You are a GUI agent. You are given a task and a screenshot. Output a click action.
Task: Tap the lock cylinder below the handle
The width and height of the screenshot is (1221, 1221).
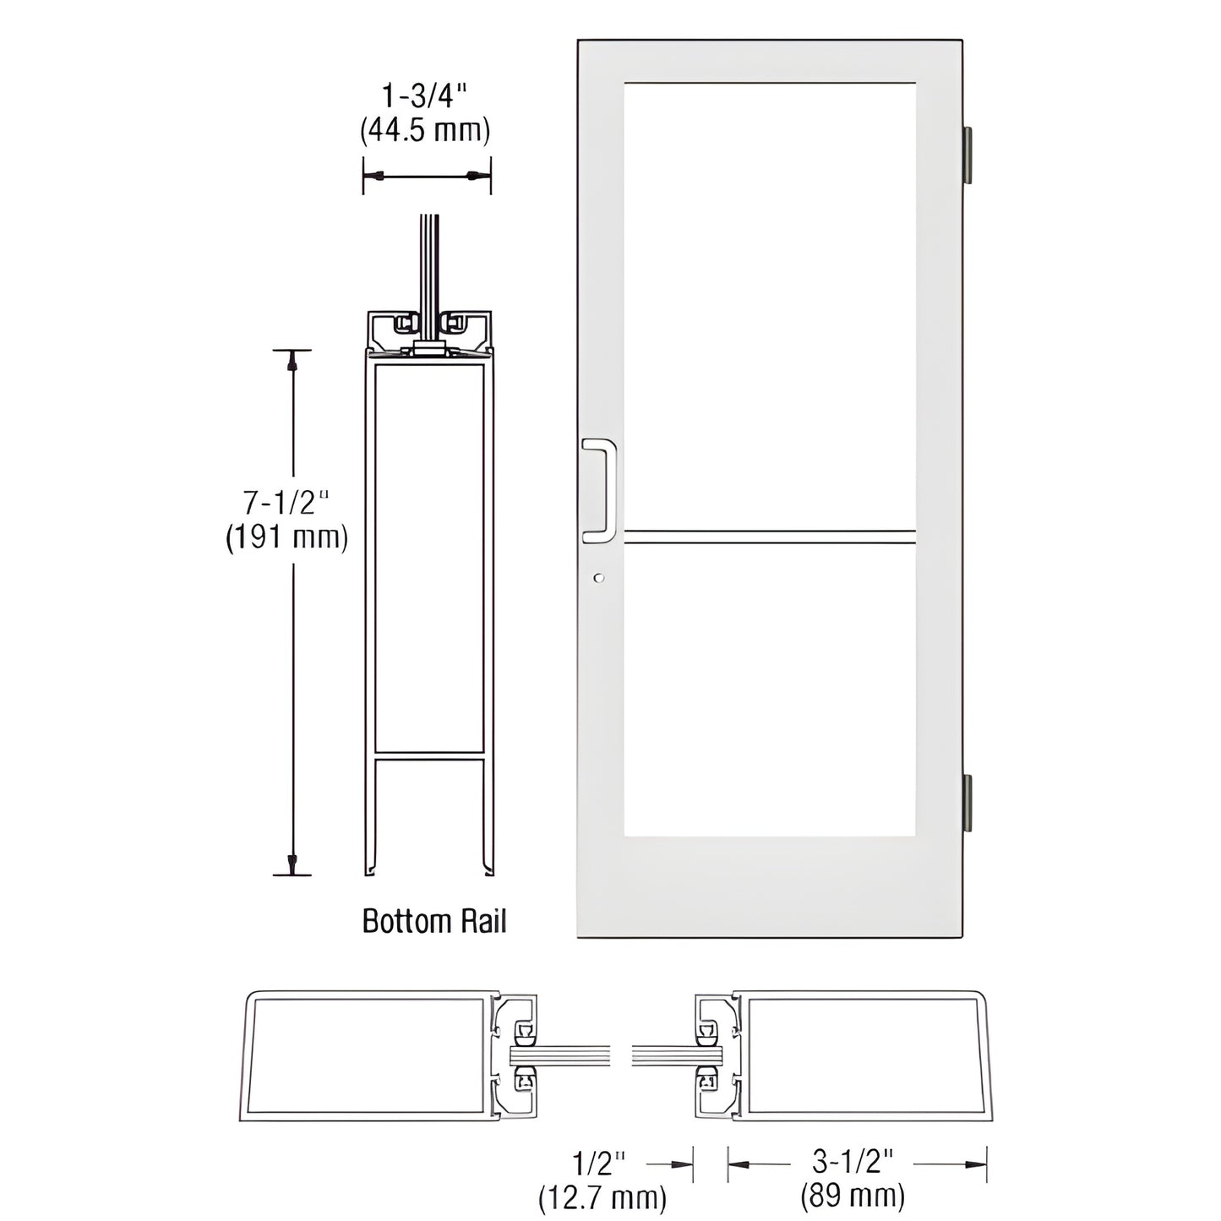599,578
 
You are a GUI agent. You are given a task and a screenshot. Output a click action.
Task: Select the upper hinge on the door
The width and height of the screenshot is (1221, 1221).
968,155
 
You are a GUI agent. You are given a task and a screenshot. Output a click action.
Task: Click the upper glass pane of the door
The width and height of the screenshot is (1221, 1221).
769,304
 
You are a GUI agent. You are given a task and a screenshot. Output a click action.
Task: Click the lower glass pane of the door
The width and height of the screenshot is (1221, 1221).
769,689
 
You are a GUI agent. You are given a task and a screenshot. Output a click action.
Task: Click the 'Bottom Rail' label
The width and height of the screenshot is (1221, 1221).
434,920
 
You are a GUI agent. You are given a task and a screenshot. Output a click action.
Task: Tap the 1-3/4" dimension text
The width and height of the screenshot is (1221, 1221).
426,98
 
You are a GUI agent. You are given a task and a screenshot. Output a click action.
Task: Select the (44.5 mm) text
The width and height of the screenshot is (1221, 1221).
426,130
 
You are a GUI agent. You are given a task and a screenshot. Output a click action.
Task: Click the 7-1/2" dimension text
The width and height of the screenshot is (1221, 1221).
286,504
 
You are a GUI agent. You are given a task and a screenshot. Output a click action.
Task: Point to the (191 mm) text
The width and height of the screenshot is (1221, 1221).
286,537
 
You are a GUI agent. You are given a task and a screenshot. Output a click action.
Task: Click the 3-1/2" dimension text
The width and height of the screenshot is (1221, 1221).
853,1164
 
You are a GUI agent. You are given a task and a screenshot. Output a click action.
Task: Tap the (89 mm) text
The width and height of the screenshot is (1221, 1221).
853,1196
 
